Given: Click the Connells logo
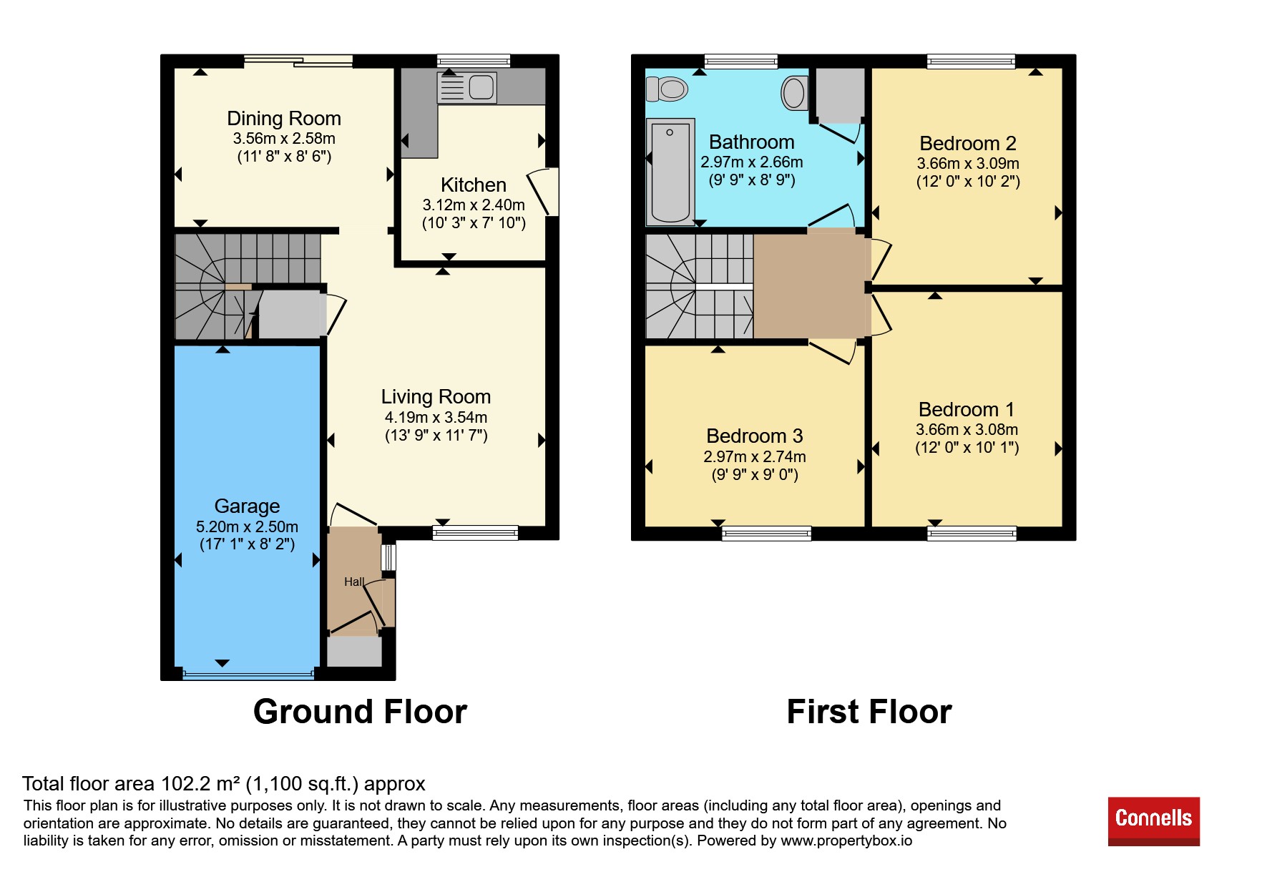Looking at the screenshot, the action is tap(1153, 821).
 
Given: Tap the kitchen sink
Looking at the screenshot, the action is tap(466, 88).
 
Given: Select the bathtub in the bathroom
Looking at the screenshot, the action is tap(670, 172).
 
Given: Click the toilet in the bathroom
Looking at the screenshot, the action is tap(667, 89).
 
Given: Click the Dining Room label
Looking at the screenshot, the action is tap(284, 118).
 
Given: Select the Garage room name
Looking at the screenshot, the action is tap(247, 506).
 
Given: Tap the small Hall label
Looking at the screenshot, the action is tap(354, 582).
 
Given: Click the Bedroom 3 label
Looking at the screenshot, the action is tap(755, 436).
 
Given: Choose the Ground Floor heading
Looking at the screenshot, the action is tap(360, 712).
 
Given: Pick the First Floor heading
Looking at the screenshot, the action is tap(869, 712).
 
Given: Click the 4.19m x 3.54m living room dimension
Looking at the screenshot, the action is tap(436, 417).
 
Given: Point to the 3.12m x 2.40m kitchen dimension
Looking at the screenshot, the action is tap(474, 205).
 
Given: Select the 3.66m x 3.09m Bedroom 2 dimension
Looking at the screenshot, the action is tap(968, 163).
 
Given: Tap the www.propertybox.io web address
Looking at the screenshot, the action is tap(846, 841).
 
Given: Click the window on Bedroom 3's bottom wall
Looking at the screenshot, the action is tap(766, 533).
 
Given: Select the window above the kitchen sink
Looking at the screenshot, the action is tap(474, 62).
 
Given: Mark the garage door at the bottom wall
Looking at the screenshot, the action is tap(248, 673).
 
